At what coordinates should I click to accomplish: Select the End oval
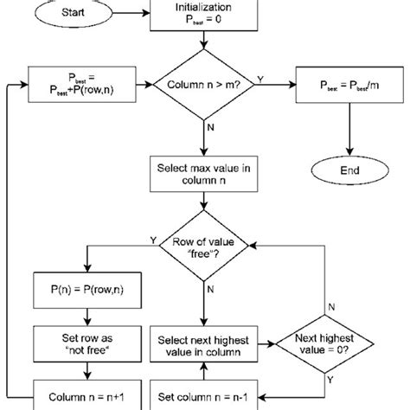tap(349, 172)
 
